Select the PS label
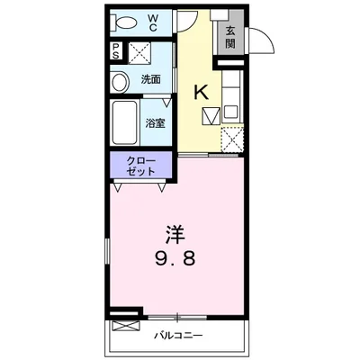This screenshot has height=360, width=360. [117, 51]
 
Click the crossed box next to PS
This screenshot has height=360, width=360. [139, 52]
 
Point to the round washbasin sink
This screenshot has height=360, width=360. [120, 82]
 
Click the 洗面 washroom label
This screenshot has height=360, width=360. [150, 80]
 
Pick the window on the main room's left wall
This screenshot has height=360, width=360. [108, 252]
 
